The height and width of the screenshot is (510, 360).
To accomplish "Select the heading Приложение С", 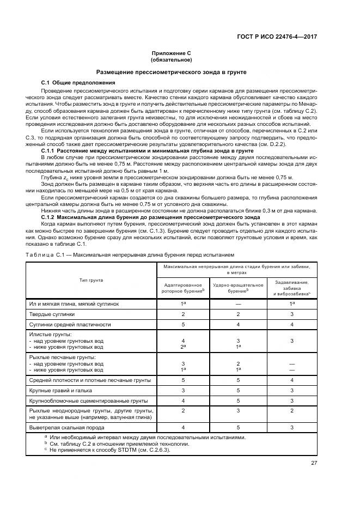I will point(171,53).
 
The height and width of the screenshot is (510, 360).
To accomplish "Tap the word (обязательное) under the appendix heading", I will point(171,59).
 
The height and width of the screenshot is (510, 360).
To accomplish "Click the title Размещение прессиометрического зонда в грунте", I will point(171,71).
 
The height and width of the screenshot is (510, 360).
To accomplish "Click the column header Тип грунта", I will point(91,280).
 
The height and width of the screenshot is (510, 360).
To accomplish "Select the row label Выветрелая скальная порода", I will point(63,427).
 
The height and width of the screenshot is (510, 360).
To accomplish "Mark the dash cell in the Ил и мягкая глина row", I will point(237,303).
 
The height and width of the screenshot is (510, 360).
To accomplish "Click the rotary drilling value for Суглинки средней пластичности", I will point(183,324).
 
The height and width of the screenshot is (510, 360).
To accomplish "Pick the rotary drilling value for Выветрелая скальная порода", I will point(183,427).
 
